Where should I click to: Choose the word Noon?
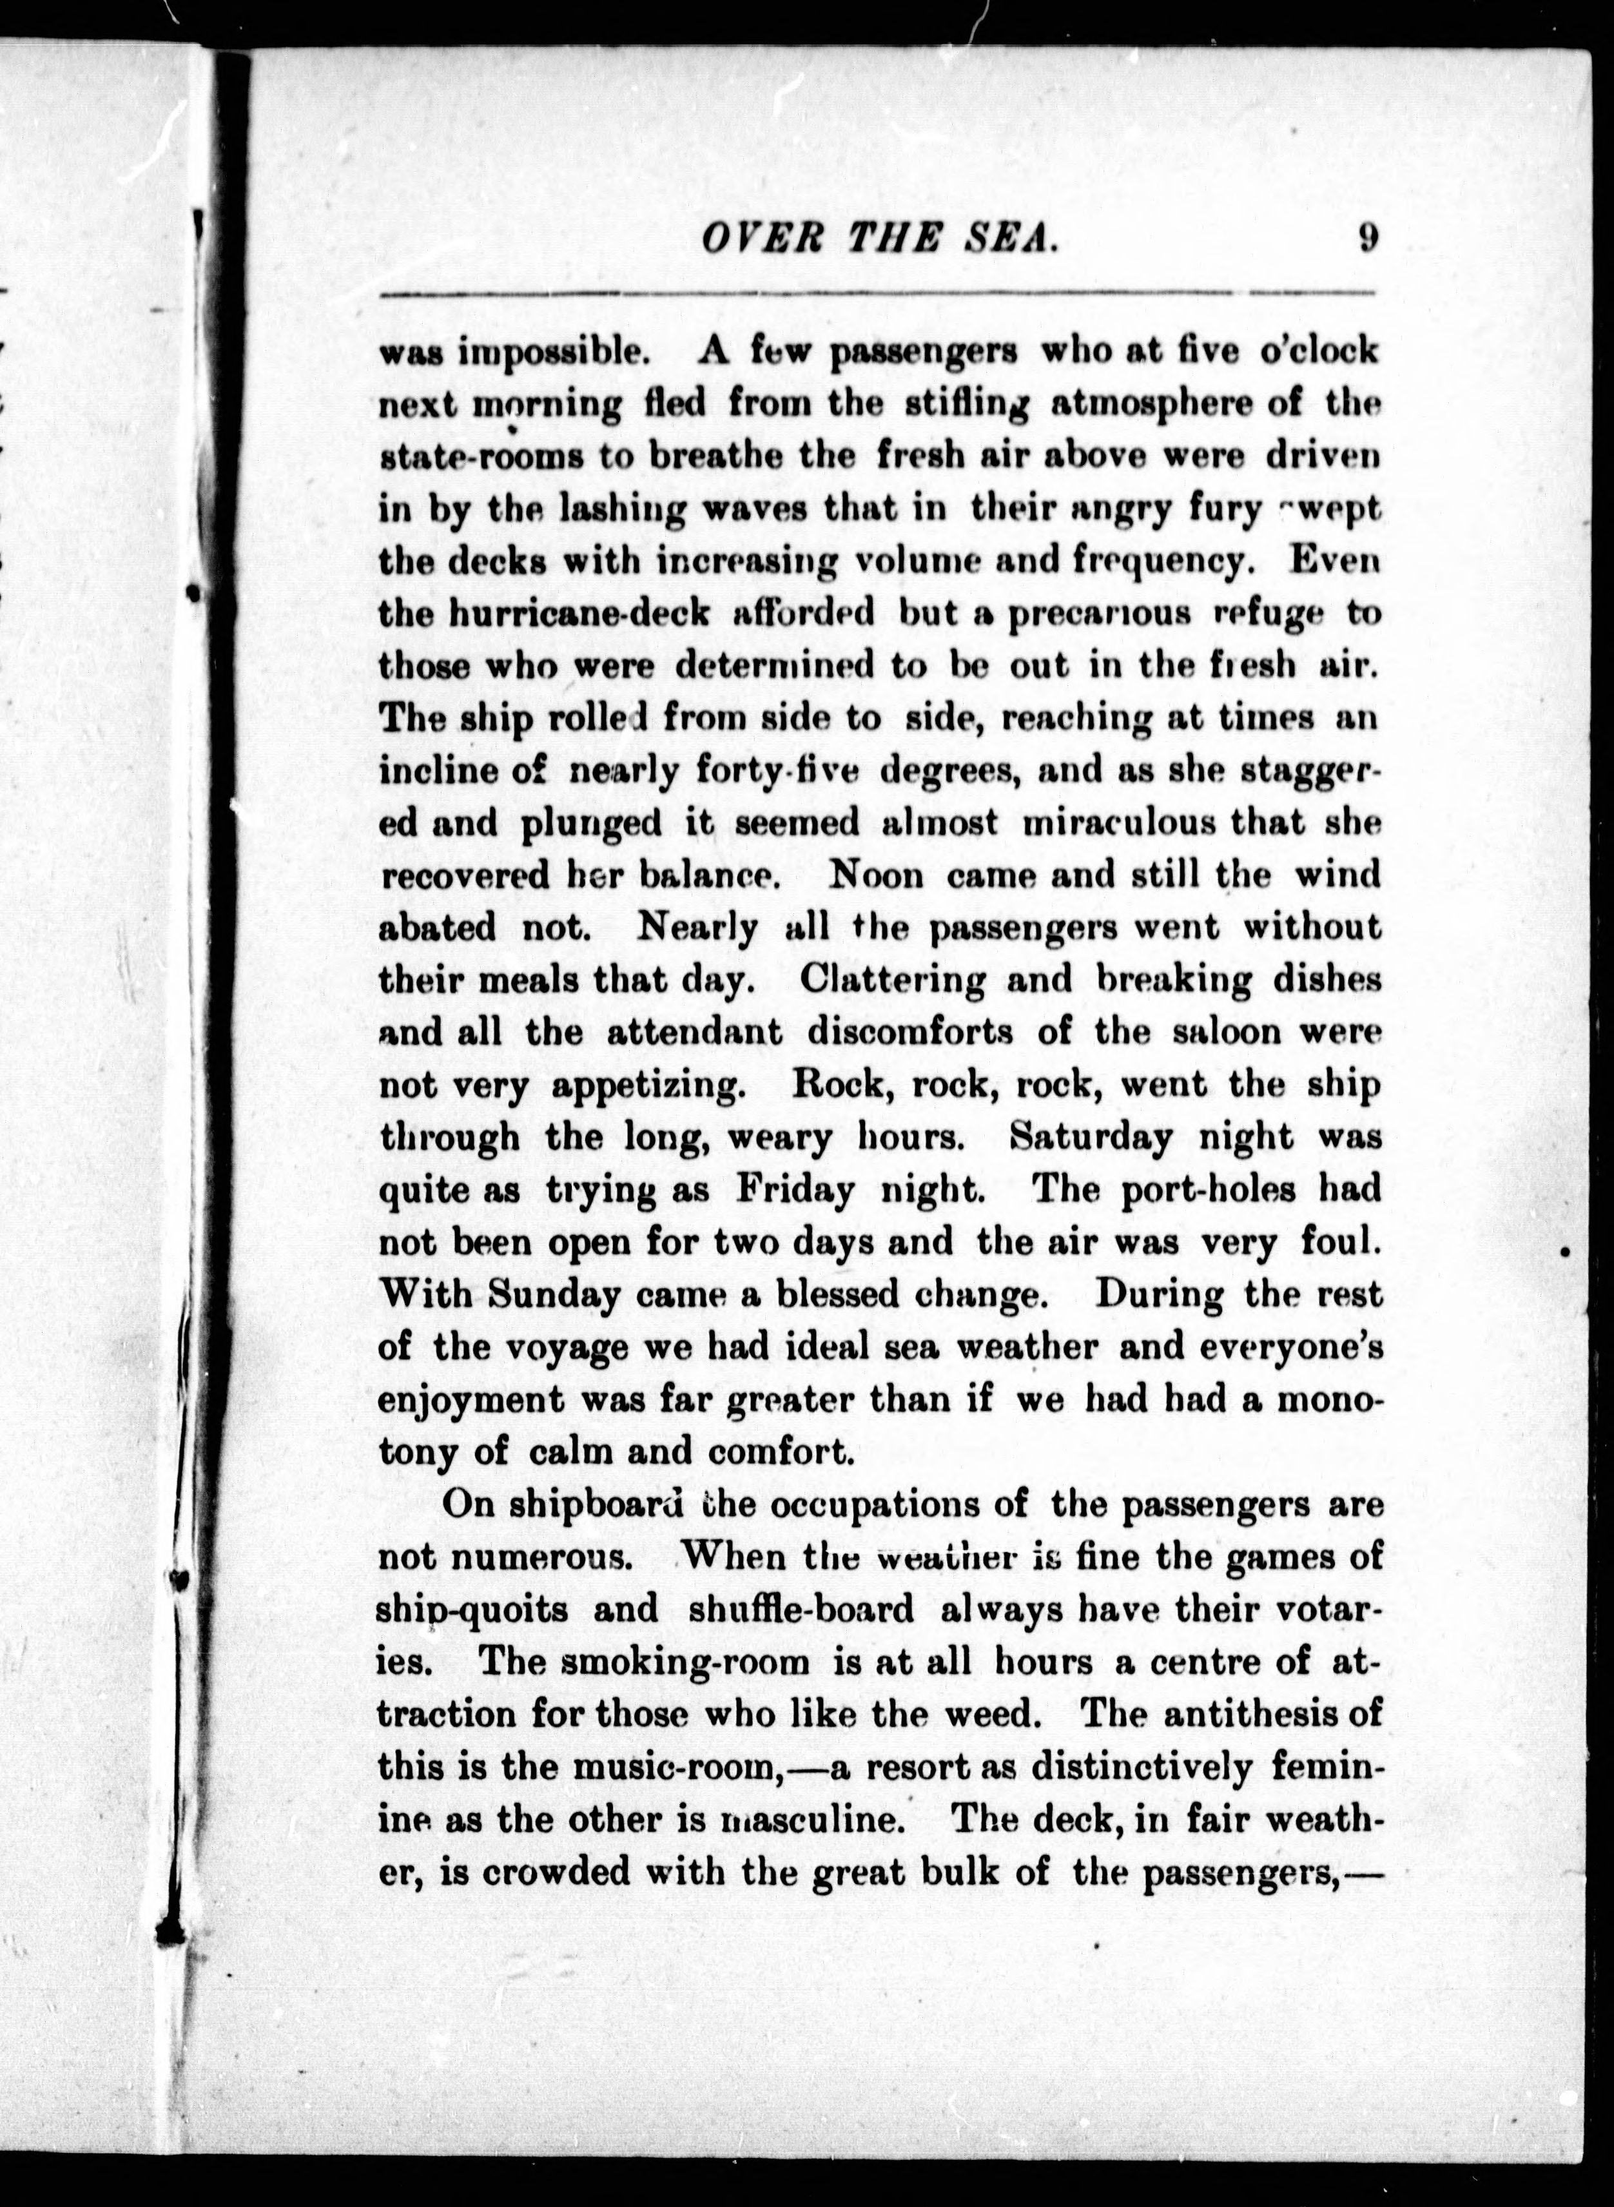[x=875, y=875]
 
